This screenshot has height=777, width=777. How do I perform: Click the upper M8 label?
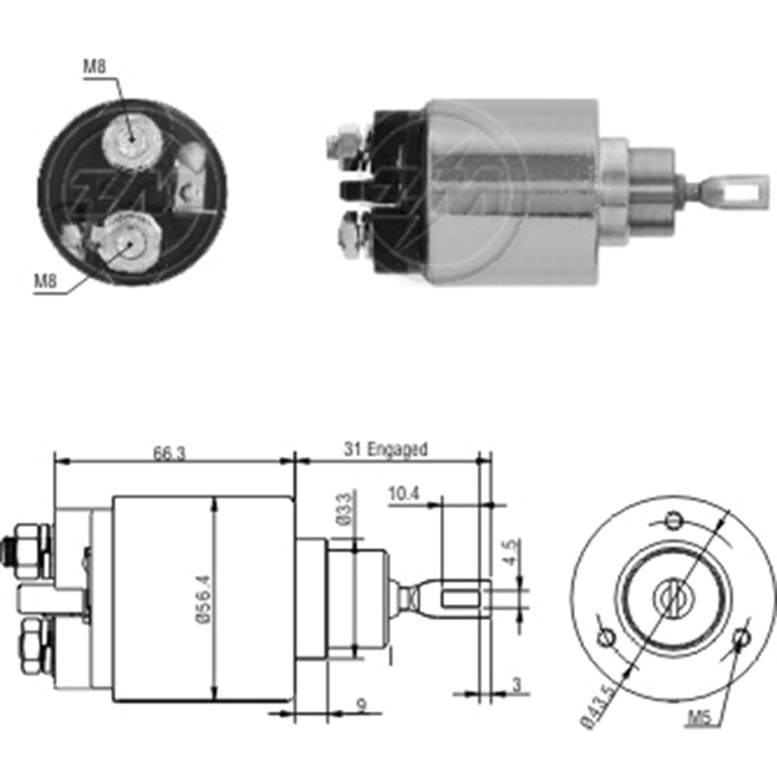click(x=95, y=68)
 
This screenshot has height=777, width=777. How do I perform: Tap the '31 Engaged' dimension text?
click(x=386, y=449)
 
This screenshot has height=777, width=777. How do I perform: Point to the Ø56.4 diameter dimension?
click(x=204, y=599)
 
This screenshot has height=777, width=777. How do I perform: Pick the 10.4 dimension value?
click(x=402, y=494)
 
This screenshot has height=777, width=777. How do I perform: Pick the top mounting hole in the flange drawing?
click(x=674, y=518)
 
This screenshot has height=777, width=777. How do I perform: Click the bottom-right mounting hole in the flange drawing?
click(x=742, y=638)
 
